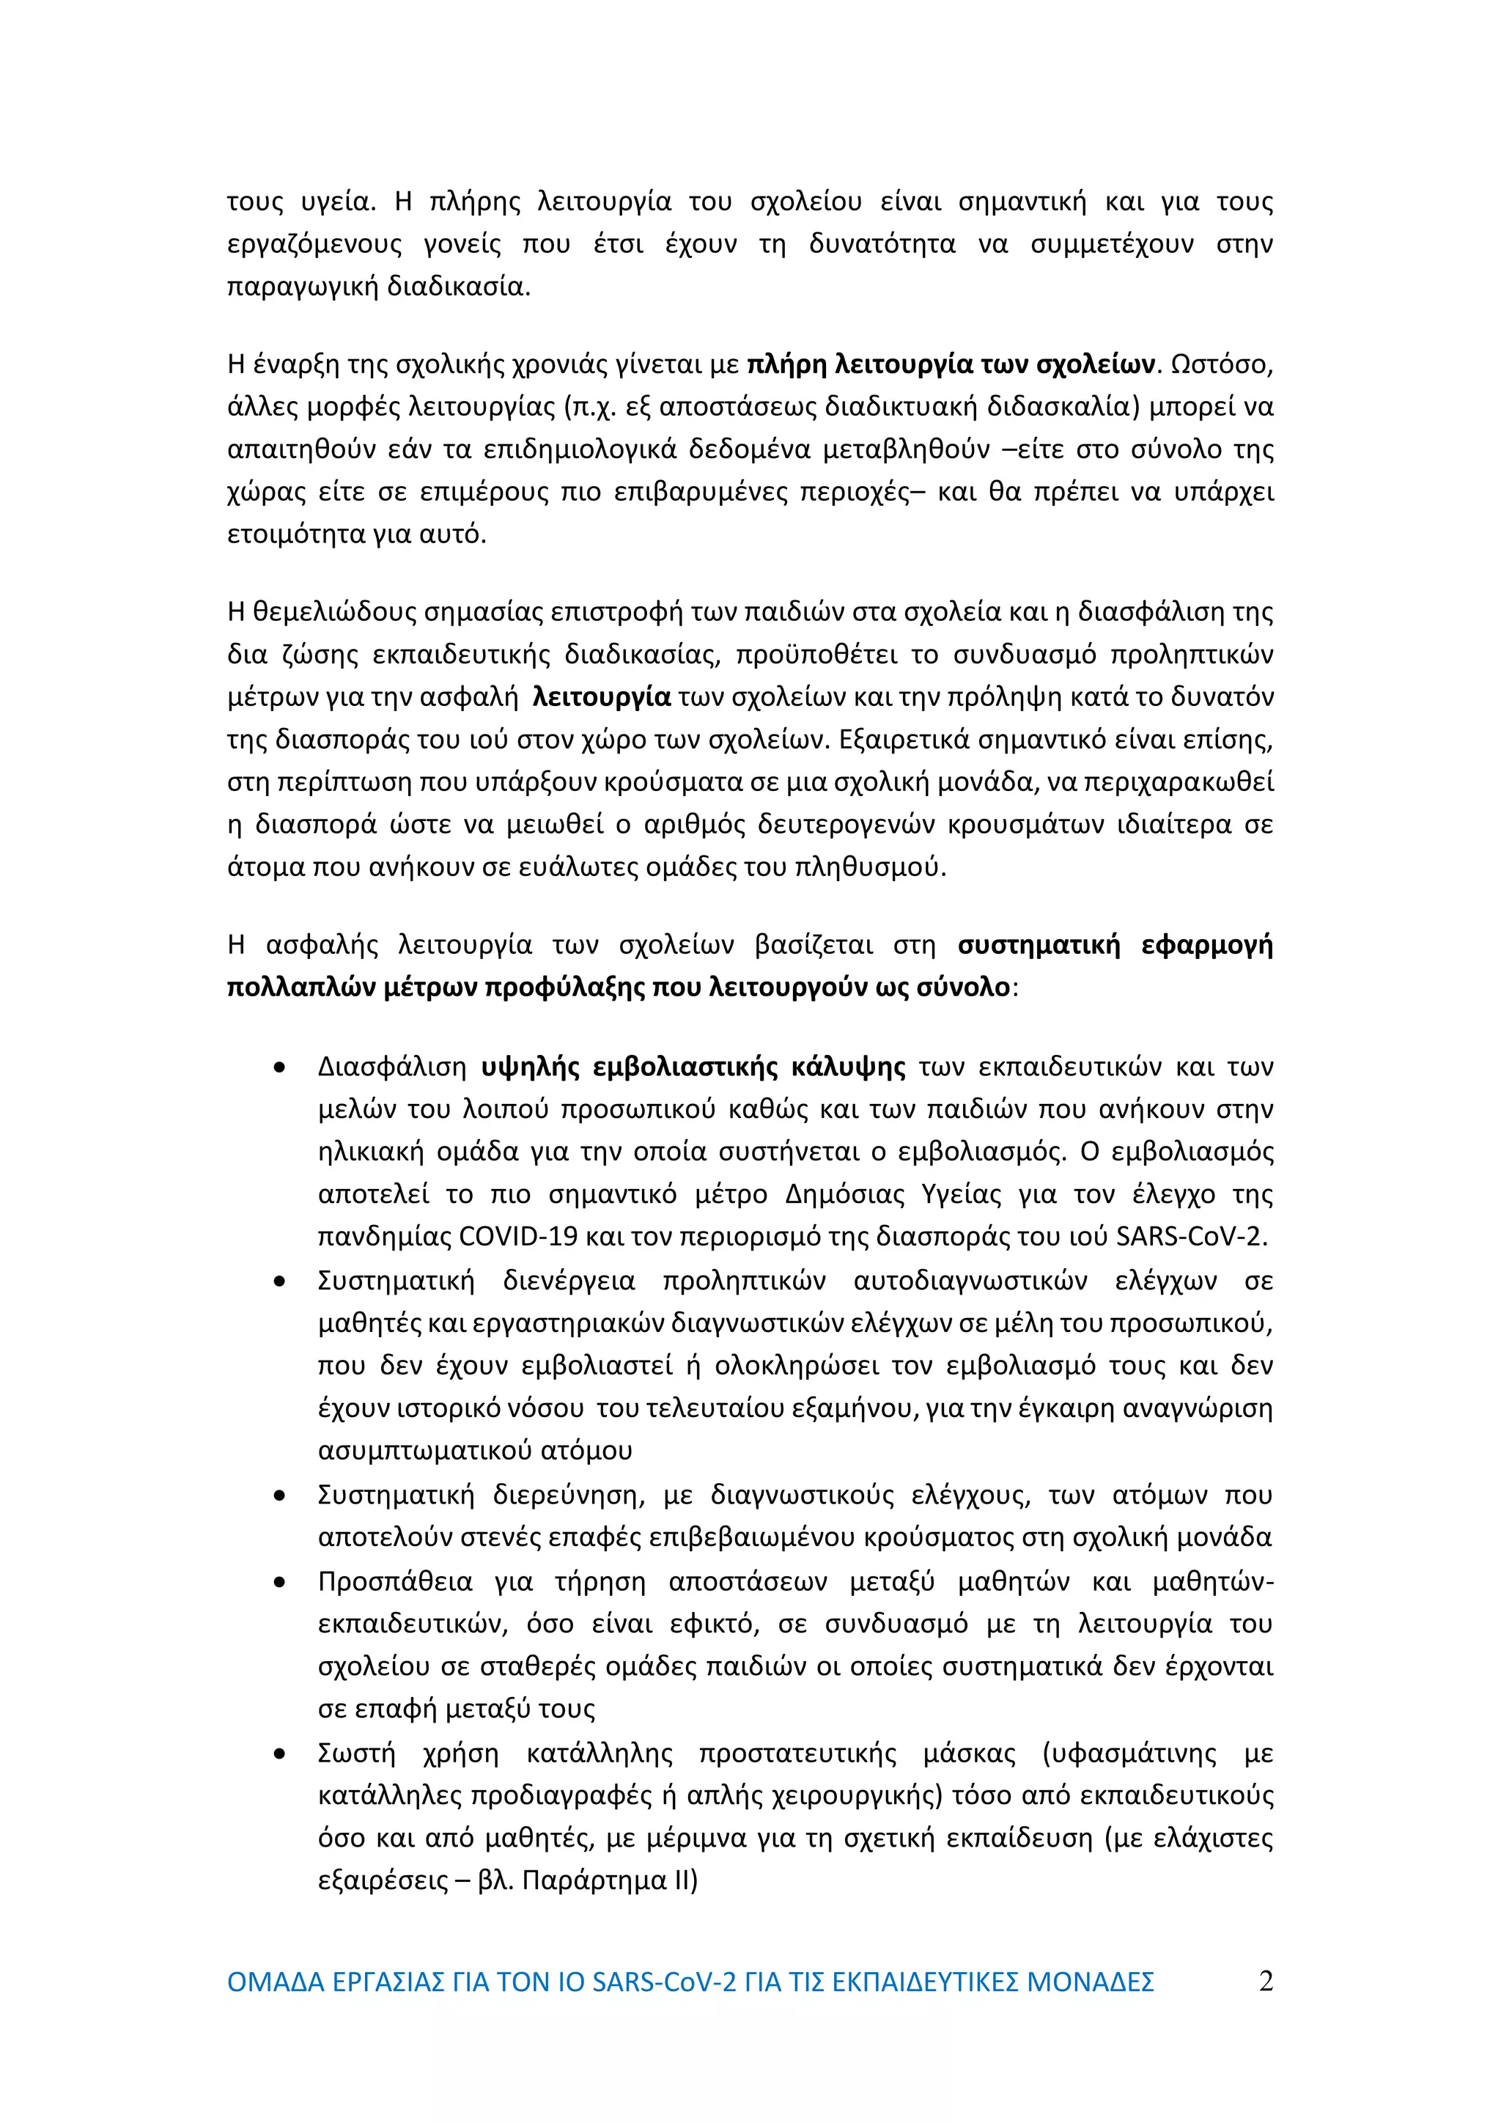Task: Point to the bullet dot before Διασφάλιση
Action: pos(279,1069)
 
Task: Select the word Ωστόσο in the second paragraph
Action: pos(1220,364)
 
